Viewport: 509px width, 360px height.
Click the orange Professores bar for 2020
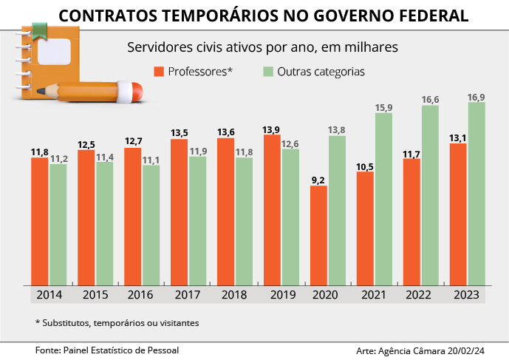pyautogui.click(x=318, y=234)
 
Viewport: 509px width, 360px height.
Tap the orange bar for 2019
pyautogui.click(x=272, y=209)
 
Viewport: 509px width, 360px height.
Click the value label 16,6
pyautogui.click(x=431, y=99)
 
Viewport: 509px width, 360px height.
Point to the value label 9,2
pyautogui.click(x=318, y=179)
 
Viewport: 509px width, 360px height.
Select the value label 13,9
pyautogui.click(x=272, y=129)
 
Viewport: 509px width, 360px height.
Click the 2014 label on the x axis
pyautogui.click(x=49, y=294)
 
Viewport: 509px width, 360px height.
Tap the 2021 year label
pyautogui.click(x=375, y=294)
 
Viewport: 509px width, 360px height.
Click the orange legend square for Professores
pyautogui.click(x=159, y=72)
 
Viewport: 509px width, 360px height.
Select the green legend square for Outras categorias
pyautogui.click(x=268, y=72)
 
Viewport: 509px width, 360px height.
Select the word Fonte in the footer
pyautogui.click(x=49, y=349)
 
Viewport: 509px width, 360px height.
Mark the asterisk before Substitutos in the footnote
pyautogui.click(x=38, y=322)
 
